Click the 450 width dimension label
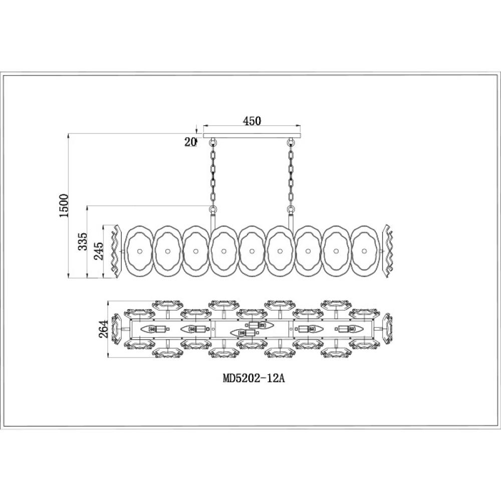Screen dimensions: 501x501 (x=252, y=121)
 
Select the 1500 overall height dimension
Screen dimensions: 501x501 (x=64, y=205)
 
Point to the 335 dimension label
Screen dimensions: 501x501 (x=83, y=241)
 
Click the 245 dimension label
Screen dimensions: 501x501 (x=98, y=250)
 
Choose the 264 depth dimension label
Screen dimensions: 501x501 (x=103, y=329)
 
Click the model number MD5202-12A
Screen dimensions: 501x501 (x=254, y=378)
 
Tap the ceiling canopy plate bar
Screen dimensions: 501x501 (x=252, y=135)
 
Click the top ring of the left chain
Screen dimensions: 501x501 (x=213, y=141)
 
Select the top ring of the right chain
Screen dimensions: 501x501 (x=291, y=141)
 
